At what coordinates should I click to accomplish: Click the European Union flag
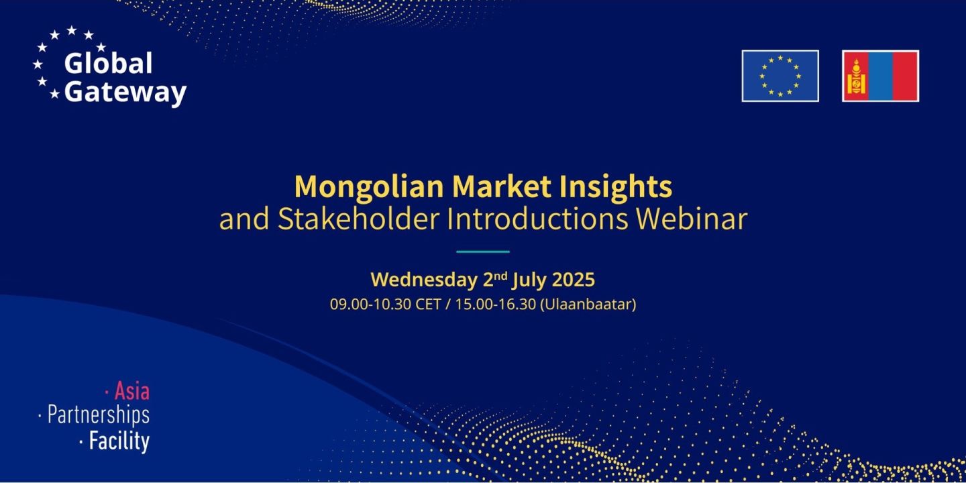click(x=780, y=76)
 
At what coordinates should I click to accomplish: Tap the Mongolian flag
click(x=880, y=76)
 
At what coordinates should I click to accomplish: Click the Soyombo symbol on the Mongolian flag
click(x=855, y=76)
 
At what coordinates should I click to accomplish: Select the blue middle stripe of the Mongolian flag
click(x=880, y=76)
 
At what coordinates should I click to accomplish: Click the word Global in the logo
click(x=108, y=64)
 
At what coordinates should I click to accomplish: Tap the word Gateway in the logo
click(x=125, y=93)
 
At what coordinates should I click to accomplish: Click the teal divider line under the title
click(x=483, y=252)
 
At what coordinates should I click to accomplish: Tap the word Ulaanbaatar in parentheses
click(x=588, y=304)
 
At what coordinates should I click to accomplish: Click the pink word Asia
click(x=131, y=390)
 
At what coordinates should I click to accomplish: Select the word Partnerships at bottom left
click(x=98, y=415)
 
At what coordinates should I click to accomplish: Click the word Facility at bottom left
click(x=119, y=441)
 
